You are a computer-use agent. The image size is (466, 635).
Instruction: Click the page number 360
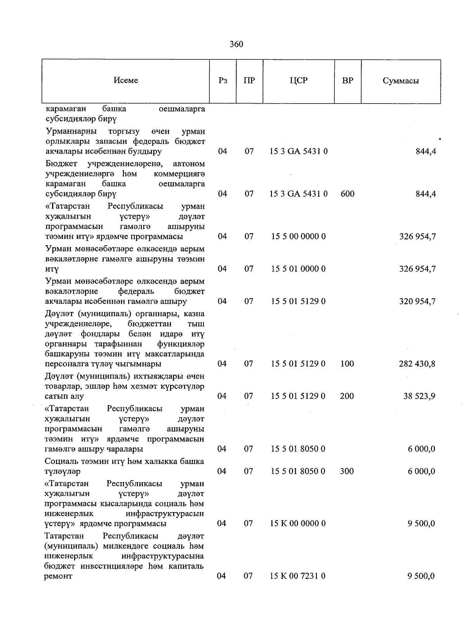[x=236, y=44]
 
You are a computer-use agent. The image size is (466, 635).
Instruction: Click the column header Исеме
[x=126, y=80]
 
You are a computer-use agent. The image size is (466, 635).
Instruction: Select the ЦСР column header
[x=298, y=81]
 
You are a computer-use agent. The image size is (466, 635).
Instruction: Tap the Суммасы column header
[x=400, y=81]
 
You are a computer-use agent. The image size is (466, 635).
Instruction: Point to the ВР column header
[x=348, y=81]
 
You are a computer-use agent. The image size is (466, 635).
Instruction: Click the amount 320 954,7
[x=417, y=301]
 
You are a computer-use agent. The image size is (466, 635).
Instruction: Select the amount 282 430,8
[x=417, y=364]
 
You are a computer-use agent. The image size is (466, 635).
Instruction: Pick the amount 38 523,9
[x=419, y=396]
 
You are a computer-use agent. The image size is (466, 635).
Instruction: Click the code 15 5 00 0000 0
[x=298, y=236]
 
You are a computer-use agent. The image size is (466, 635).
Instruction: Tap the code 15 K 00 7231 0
[x=298, y=576]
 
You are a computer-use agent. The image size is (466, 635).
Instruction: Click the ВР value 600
[x=347, y=194]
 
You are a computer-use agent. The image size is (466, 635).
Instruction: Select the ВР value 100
[x=347, y=364]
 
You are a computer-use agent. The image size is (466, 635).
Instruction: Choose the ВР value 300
[x=347, y=471]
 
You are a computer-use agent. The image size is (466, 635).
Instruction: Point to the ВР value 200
[x=347, y=396]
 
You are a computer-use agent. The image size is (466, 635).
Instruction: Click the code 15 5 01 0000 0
[x=298, y=269]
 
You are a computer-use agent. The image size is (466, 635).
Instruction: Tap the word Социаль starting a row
[x=61, y=461]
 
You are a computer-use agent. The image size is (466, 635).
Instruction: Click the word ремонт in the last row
[x=59, y=576]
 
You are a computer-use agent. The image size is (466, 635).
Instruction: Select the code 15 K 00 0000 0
[x=298, y=524]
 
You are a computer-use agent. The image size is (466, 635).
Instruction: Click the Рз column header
[x=223, y=81]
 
